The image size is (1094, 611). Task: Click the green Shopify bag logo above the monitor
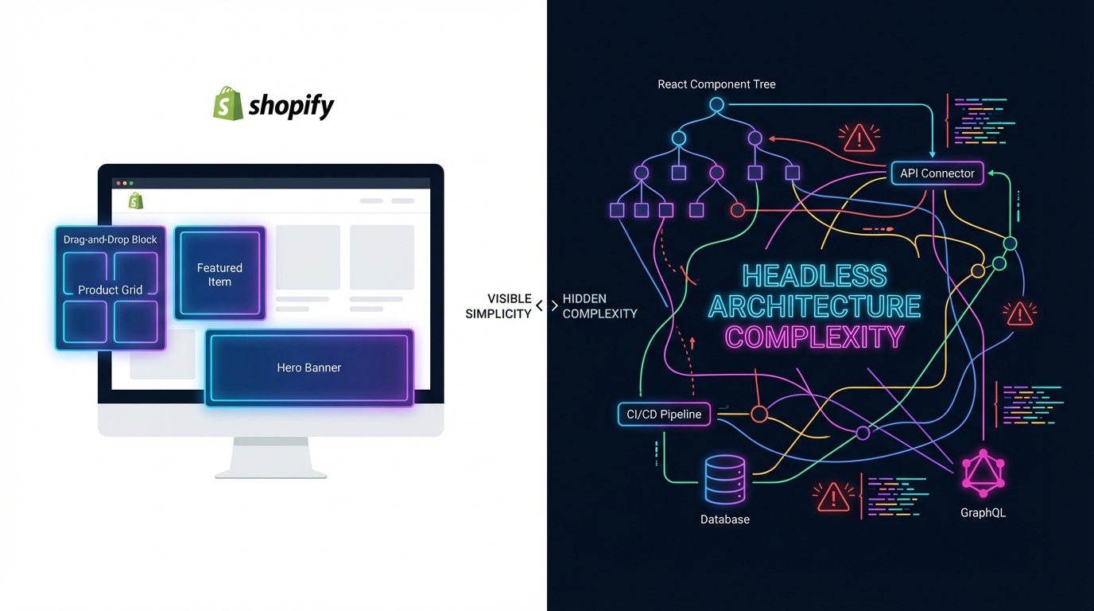(x=227, y=103)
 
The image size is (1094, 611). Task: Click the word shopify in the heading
(x=291, y=106)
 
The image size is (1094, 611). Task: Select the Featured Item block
(x=219, y=274)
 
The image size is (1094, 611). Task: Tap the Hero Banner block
(x=309, y=368)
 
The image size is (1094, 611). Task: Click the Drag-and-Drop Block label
(x=111, y=239)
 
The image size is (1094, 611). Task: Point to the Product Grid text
(x=111, y=290)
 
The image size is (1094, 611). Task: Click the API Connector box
(x=937, y=173)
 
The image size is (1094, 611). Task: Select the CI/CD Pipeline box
(x=664, y=414)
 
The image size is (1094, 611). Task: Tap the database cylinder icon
(x=725, y=479)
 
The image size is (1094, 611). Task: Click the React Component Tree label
(x=716, y=84)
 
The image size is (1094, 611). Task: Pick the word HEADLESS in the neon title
(x=814, y=277)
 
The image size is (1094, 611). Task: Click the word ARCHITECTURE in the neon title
(x=814, y=306)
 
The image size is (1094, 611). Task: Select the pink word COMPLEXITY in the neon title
(x=814, y=337)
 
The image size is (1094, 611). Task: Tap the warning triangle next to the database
(x=833, y=497)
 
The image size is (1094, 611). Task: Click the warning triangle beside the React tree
(x=859, y=139)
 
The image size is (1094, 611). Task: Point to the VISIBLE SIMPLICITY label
(x=499, y=306)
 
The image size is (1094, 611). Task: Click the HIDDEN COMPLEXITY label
(x=599, y=306)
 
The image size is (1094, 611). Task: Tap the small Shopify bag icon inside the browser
(x=136, y=201)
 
